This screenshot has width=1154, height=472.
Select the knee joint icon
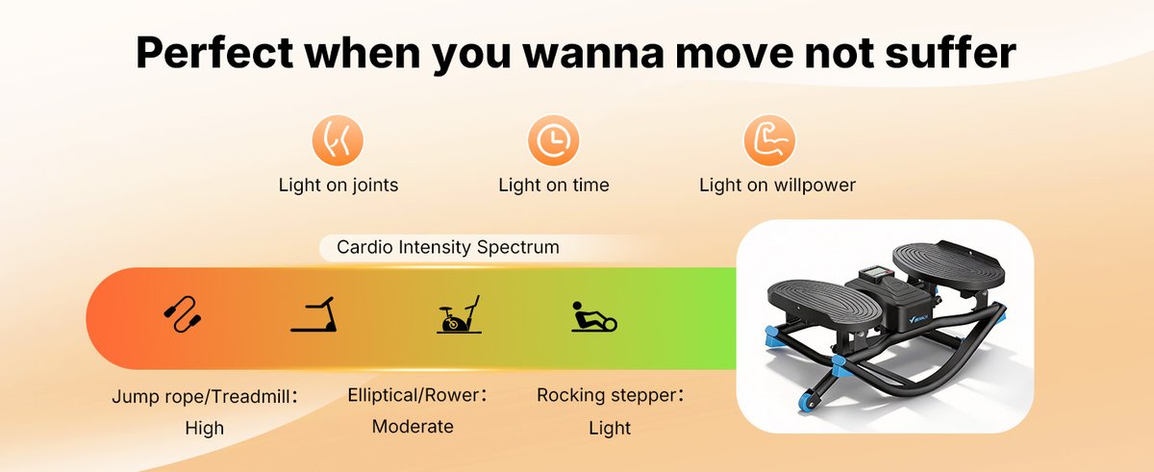338,141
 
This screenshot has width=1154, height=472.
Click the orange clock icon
553,141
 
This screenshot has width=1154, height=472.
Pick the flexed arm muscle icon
769,141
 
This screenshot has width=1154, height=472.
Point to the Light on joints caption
338,185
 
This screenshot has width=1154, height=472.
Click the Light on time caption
553,185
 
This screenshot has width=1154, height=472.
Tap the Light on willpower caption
777,185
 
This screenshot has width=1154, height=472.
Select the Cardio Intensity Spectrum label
447,247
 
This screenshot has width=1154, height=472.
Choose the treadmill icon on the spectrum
314,315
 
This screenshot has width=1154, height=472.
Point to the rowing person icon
593,316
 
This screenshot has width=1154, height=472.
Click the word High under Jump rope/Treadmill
204,428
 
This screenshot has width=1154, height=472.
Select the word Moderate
413,426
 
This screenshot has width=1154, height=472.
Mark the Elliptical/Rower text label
416,395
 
